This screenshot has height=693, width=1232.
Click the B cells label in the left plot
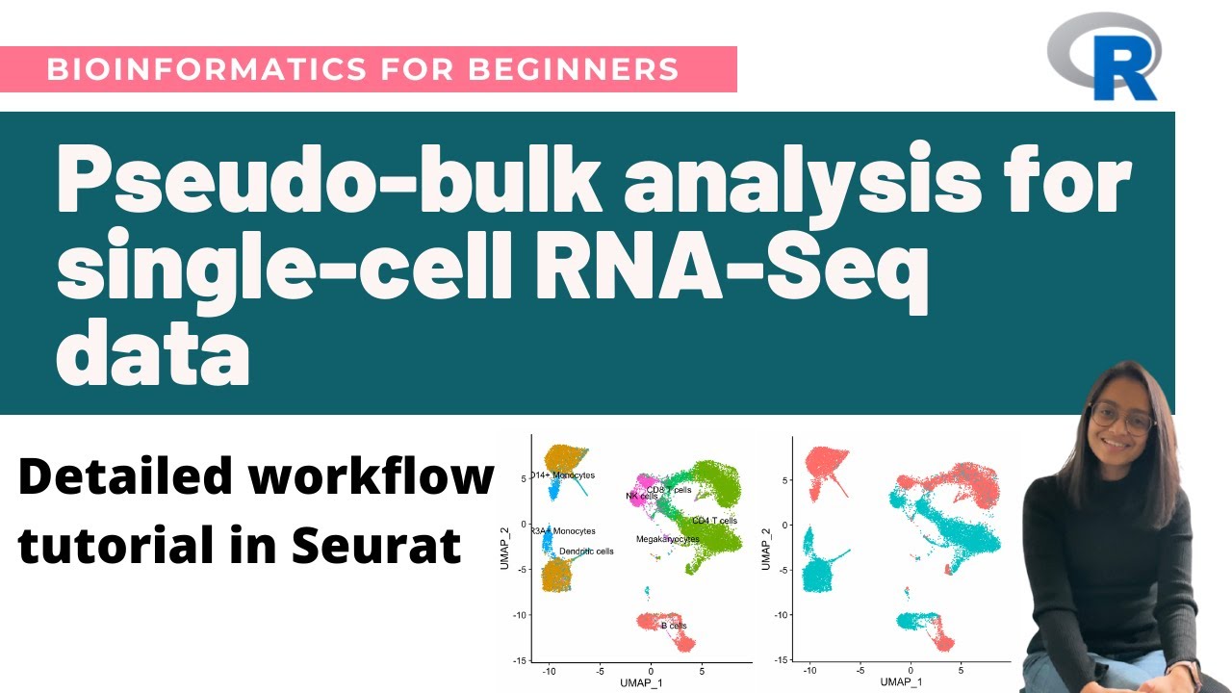tap(674, 626)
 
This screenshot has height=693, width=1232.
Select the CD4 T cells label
tap(714, 521)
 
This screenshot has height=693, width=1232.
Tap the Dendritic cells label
tap(586, 552)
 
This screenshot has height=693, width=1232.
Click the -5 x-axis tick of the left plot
tap(600, 670)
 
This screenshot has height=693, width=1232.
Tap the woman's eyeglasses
tap(1122, 420)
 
